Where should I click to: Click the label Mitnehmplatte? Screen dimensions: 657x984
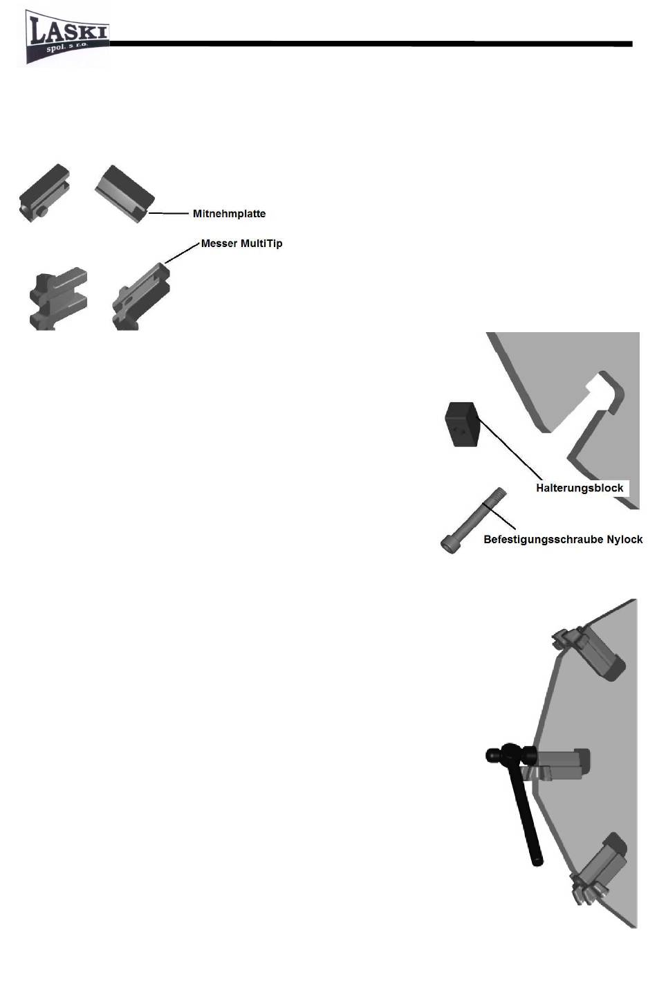pos(229,214)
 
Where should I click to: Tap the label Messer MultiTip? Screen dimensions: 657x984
pos(241,244)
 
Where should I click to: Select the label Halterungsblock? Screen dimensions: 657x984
pos(580,488)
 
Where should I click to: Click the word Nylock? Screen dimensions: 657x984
pos(625,540)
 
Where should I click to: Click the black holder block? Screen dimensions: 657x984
pos(462,424)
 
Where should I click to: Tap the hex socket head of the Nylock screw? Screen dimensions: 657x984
pos(449,545)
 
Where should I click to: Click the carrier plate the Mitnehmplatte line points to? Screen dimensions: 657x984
pos(124,194)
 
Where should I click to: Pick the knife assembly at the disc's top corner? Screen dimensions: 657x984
pos(589,651)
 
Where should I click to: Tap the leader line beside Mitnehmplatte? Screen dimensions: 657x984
pos(168,214)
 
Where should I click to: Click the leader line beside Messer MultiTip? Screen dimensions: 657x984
pos(182,253)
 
